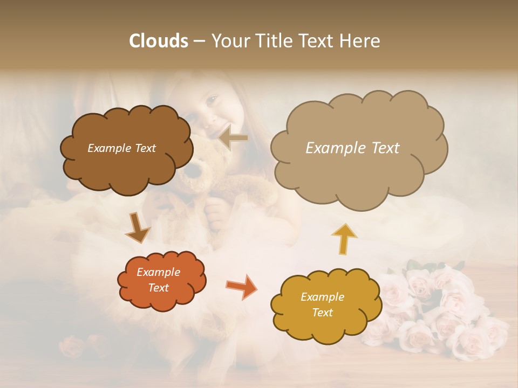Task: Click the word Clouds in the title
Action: coord(159,41)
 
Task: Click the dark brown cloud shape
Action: coord(126,148)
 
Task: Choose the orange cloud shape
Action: coord(161,280)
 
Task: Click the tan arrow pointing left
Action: coord(234,137)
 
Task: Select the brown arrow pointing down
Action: coord(137,227)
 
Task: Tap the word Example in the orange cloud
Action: coord(159,272)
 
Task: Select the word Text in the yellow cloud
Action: coord(323,313)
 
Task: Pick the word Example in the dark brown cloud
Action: coord(108,148)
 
